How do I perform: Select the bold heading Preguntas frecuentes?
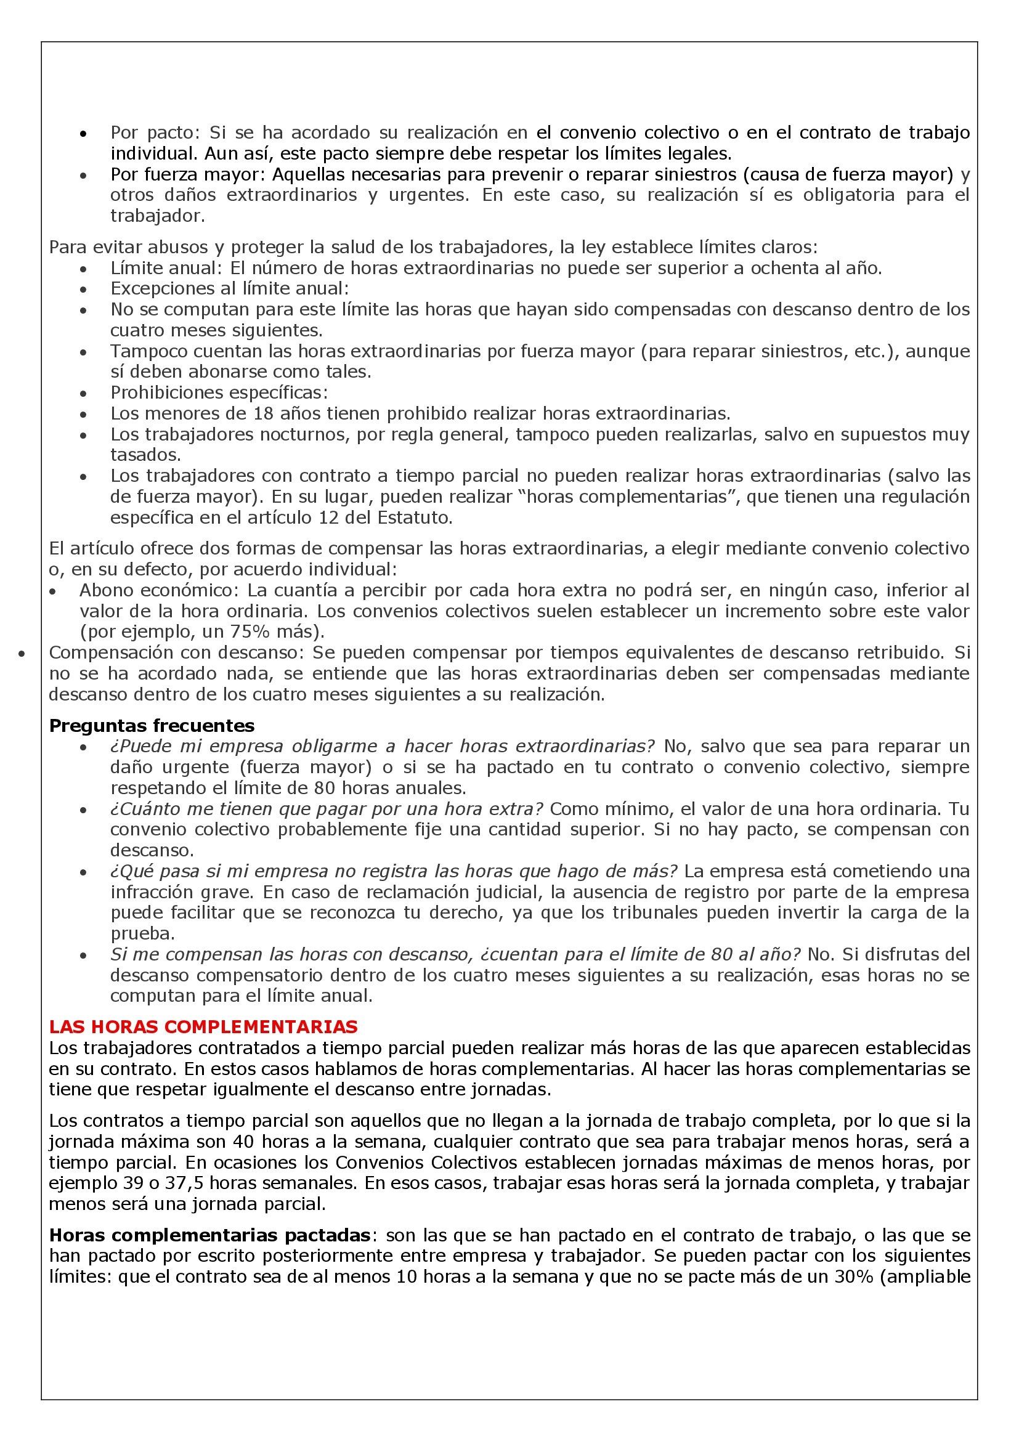[152, 726]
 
